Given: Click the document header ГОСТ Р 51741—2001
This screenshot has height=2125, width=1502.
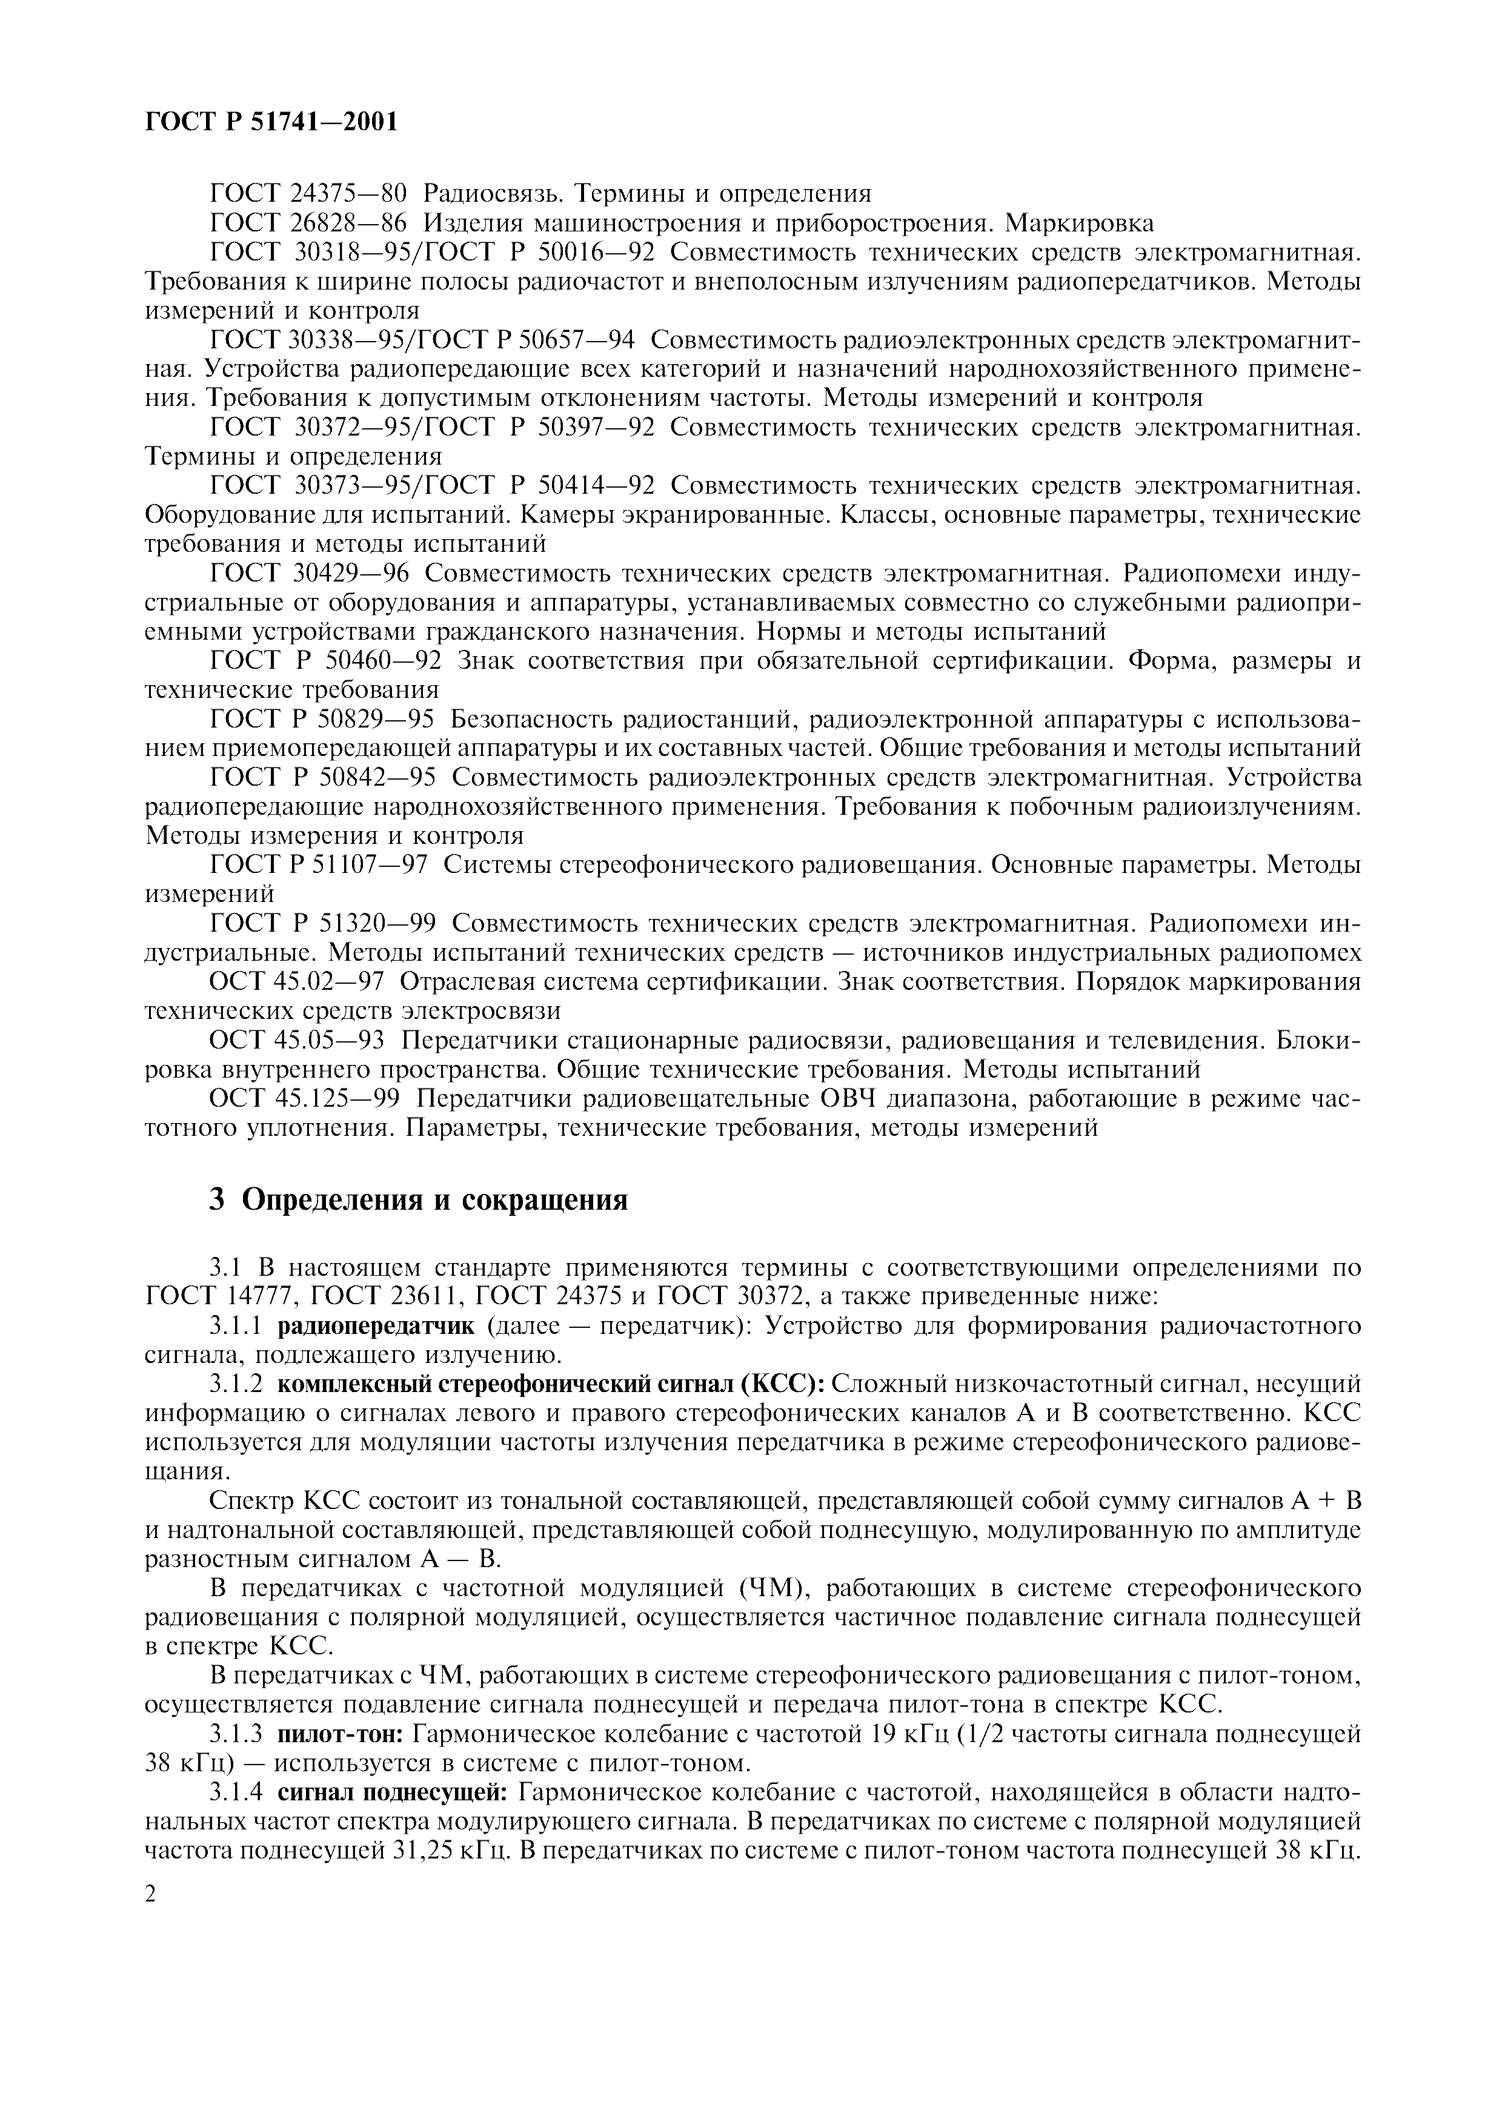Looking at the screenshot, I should click(x=271, y=121).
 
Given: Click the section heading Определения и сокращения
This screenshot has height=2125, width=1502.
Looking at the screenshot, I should click(x=434, y=1201).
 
